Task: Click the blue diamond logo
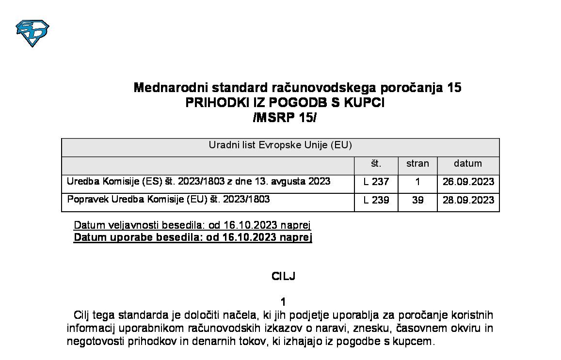pyautogui.click(x=32, y=33)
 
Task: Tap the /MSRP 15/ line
pyautogui.click(x=285, y=118)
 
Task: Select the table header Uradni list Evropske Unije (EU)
pyautogui.click(x=280, y=145)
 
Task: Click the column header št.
pyautogui.click(x=376, y=164)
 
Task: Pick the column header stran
pyautogui.click(x=417, y=164)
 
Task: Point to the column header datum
pyautogui.click(x=468, y=164)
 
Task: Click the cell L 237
pyautogui.click(x=376, y=182)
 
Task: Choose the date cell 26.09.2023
pyautogui.click(x=468, y=182)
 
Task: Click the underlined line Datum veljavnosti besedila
pyautogui.click(x=192, y=225)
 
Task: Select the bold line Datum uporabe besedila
pyautogui.click(x=192, y=237)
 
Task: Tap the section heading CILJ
pyautogui.click(x=284, y=277)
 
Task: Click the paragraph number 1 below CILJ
pyautogui.click(x=284, y=302)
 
